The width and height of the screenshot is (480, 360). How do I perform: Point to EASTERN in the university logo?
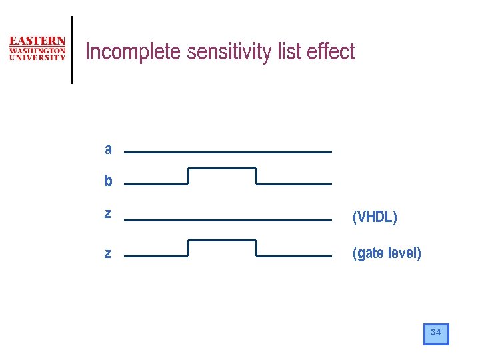coord(37,41)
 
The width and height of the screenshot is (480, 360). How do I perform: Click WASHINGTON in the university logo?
coord(37,50)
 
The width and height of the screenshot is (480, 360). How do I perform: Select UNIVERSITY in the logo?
coord(37,57)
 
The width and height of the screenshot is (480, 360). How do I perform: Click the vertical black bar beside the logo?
coord(72,50)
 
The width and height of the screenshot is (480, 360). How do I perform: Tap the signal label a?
coord(108,149)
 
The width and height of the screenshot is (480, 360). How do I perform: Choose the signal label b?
coord(108,181)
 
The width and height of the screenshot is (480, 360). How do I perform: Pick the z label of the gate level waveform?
coord(108,253)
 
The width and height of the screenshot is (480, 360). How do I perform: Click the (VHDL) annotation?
coord(375,217)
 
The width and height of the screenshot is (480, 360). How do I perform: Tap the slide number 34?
coord(436,333)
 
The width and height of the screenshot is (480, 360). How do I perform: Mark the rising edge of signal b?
coord(189,176)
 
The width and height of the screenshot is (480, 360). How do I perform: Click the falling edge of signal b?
coord(257,176)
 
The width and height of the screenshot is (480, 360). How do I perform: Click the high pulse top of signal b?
coord(223,169)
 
